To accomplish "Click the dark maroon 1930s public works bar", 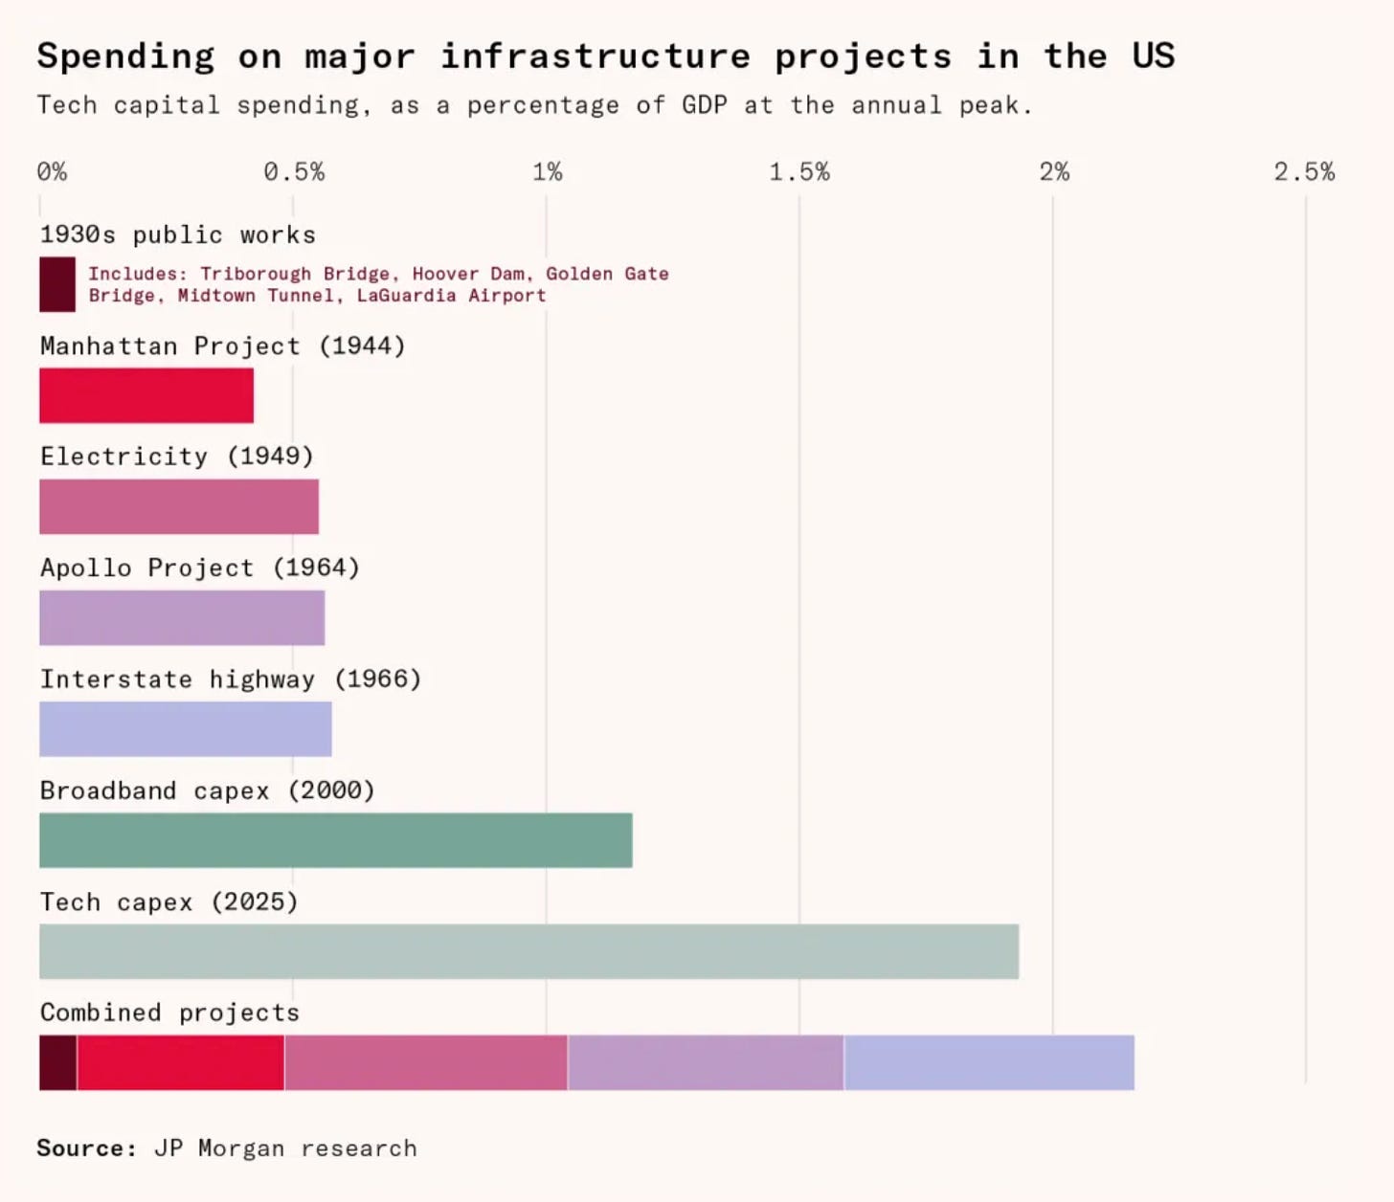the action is coord(57,284).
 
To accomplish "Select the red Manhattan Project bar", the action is coord(146,396).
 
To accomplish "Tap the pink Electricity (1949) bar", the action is coord(179,507).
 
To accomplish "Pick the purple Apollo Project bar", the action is coord(182,618).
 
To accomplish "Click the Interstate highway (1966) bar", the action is coord(186,729).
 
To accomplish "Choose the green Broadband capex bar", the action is coord(336,840).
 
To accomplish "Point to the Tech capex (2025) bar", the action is coord(528,952).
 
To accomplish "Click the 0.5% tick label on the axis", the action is coord(294,172).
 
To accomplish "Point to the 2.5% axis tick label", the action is coord(1304,172).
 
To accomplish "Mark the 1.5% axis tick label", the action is coord(799,172).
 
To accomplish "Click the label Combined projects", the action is coord(169,1013).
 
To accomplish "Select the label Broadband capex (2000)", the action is coord(208,790).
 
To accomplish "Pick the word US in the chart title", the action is coord(1154,56).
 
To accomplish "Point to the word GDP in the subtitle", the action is coord(704,106).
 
